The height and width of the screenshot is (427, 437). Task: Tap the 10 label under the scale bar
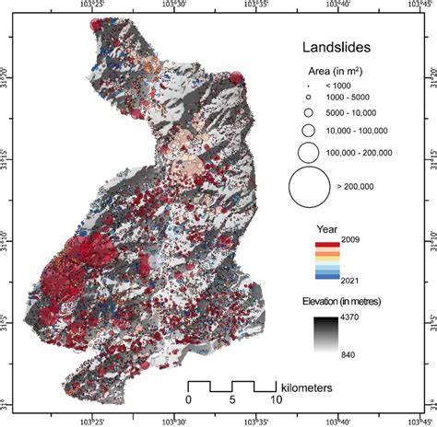[x=277, y=400]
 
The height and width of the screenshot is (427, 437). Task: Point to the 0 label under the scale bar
[x=189, y=400]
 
